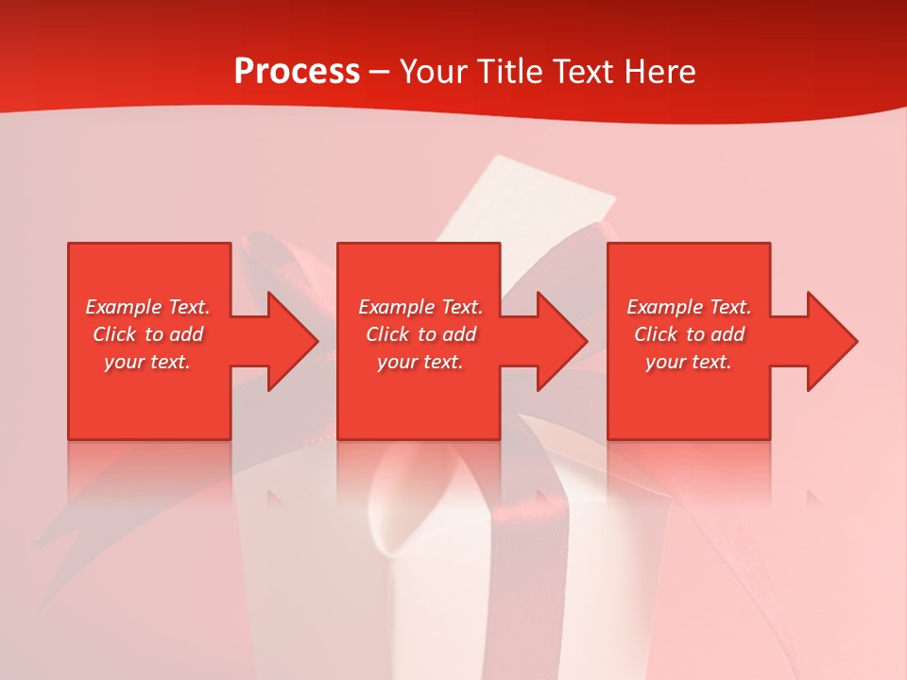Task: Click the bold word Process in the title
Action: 297,72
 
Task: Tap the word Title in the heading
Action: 511,72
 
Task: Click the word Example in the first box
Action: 124,307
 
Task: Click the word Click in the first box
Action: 114,334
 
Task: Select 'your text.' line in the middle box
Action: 420,362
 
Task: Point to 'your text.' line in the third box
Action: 689,362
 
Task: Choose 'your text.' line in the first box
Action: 147,362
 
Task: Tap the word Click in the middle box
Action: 387,334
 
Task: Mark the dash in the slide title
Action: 379,73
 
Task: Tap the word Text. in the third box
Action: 730,307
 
